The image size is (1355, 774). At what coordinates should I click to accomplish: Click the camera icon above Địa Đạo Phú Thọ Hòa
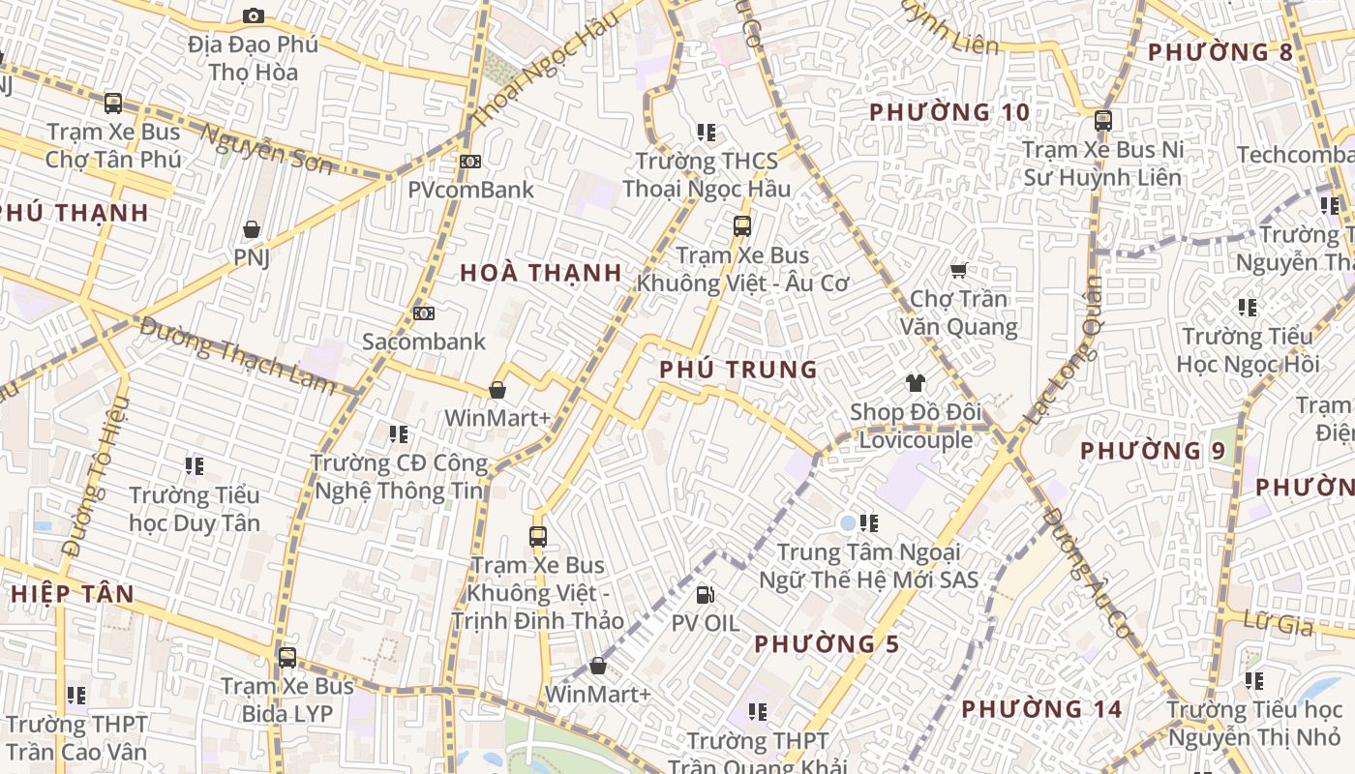(x=254, y=15)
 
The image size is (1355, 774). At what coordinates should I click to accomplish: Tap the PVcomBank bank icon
(x=470, y=162)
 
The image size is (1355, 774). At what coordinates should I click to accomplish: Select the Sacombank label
(x=424, y=342)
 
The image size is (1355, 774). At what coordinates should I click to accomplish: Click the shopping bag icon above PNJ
(x=252, y=229)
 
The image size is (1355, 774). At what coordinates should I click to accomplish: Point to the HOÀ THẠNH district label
(x=541, y=273)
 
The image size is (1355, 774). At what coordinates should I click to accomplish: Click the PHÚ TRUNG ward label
(x=738, y=370)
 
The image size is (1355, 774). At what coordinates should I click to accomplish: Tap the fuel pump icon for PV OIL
(x=706, y=594)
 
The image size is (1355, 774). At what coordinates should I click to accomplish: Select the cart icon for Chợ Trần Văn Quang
(x=958, y=271)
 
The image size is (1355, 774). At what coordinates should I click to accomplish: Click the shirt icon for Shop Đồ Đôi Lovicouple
(x=915, y=383)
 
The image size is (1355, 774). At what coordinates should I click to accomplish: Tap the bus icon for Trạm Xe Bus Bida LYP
(x=287, y=658)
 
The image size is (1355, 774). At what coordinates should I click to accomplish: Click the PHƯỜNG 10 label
(x=949, y=112)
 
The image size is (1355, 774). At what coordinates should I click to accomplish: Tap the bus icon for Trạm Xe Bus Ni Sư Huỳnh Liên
(x=1102, y=121)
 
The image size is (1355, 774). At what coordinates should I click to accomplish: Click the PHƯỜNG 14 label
(x=1041, y=709)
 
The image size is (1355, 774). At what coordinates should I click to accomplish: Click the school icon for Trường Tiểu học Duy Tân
(x=195, y=466)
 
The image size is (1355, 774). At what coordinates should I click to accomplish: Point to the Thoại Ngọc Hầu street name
(x=542, y=76)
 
